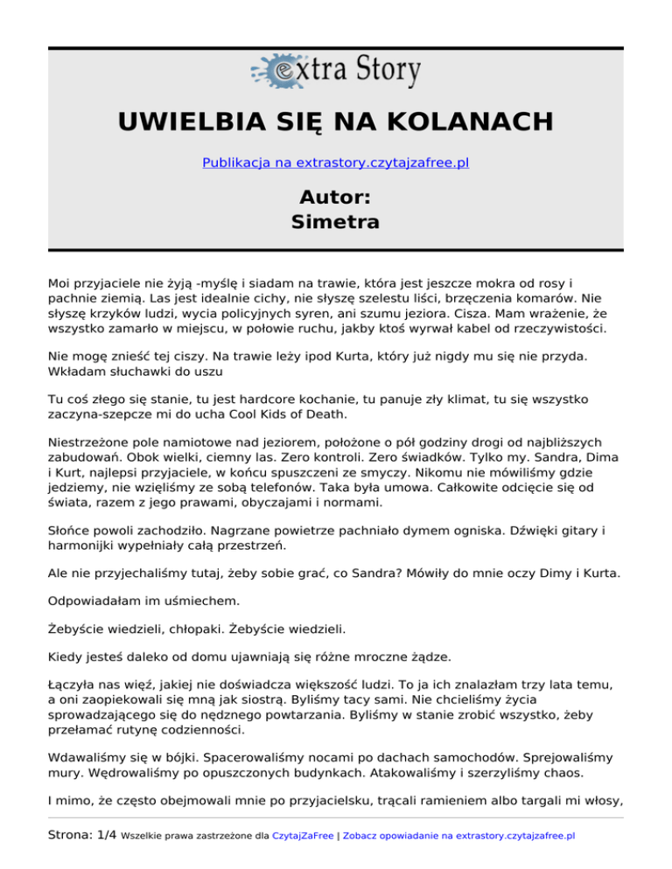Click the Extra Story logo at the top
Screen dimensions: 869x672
click(x=335, y=71)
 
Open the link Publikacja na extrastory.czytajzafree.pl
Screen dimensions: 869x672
click(x=335, y=163)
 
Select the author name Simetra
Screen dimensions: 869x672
click(x=335, y=222)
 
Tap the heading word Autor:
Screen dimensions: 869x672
click(x=335, y=195)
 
